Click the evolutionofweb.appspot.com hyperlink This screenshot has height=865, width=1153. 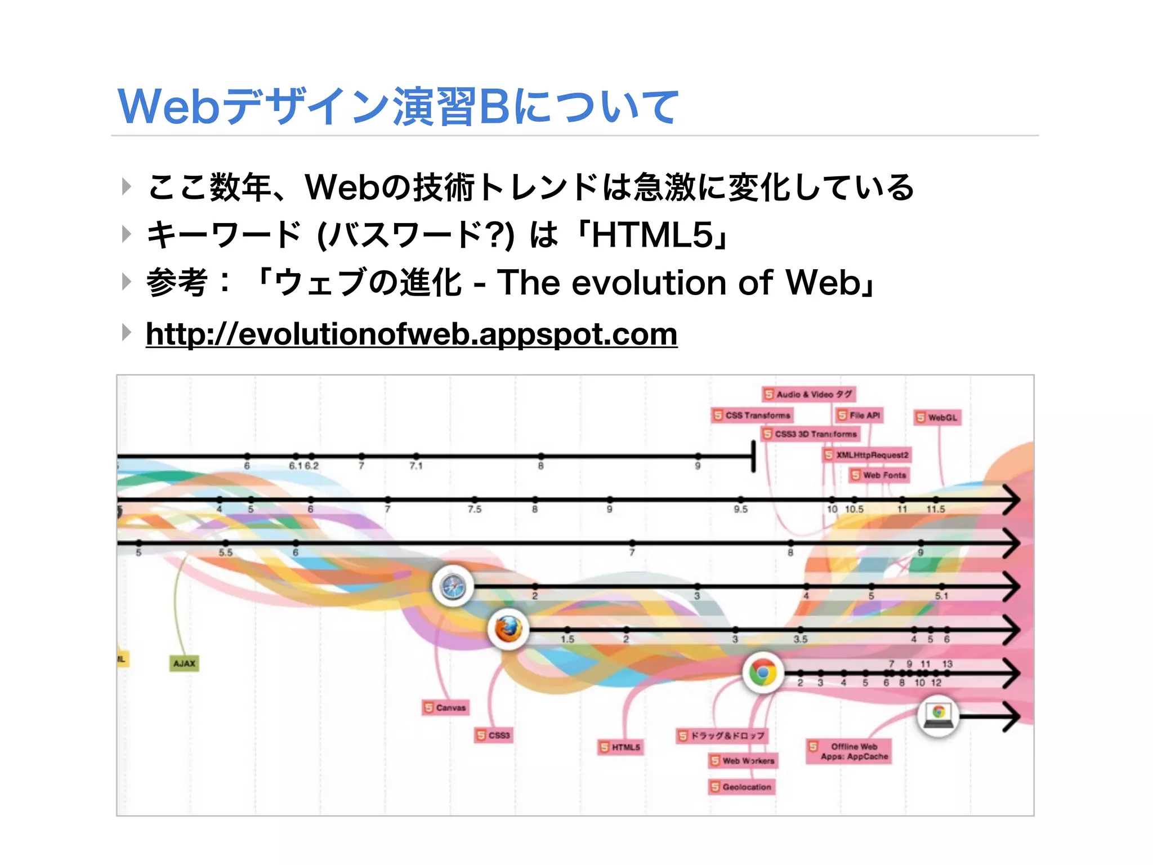(x=411, y=335)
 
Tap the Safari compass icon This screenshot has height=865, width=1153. (x=453, y=586)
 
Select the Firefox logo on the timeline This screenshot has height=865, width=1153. (x=508, y=629)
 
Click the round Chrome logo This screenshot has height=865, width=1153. (x=763, y=672)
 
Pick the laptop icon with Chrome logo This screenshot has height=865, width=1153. (x=938, y=715)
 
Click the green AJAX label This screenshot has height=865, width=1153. (x=184, y=663)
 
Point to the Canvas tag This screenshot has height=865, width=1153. (x=445, y=707)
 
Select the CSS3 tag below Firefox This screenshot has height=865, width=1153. (x=494, y=735)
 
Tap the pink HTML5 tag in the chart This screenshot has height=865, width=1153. (x=620, y=747)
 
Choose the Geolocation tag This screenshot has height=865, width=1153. (x=741, y=787)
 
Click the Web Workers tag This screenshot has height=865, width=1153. (x=743, y=761)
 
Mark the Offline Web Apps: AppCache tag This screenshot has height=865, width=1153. (x=849, y=751)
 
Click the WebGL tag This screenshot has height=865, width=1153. (x=937, y=417)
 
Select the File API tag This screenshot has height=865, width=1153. (x=859, y=415)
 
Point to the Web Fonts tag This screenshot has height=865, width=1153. (x=879, y=475)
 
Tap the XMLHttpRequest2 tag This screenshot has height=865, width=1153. (x=866, y=454)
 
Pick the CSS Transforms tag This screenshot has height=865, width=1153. (x=752, y=415)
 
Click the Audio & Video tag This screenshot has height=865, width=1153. (x=809, y=394)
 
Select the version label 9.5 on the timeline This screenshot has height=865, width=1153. (x=740, y=509)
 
